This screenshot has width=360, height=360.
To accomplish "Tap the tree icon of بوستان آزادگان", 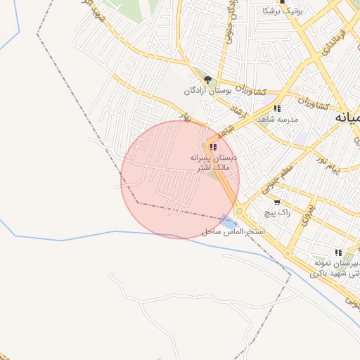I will tap(207, 80).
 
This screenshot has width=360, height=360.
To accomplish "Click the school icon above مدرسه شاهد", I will tap(277, 108).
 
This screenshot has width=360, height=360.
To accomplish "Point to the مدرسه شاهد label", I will tap(277, 120).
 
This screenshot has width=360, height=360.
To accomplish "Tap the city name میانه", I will tap(347, 117).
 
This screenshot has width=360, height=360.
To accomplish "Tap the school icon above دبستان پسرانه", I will tap(213, 147).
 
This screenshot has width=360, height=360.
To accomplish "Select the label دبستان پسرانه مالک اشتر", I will tap(214, 163).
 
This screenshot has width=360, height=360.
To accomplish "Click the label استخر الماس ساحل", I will tap(232, 231).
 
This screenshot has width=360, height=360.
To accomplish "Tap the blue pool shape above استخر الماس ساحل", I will tap(226, 220).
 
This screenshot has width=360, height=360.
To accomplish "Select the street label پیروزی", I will tap(303, 214).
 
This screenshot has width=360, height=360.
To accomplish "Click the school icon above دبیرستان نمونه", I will tap(338, 252).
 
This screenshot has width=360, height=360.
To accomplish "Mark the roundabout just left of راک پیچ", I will tap(240, 210).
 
